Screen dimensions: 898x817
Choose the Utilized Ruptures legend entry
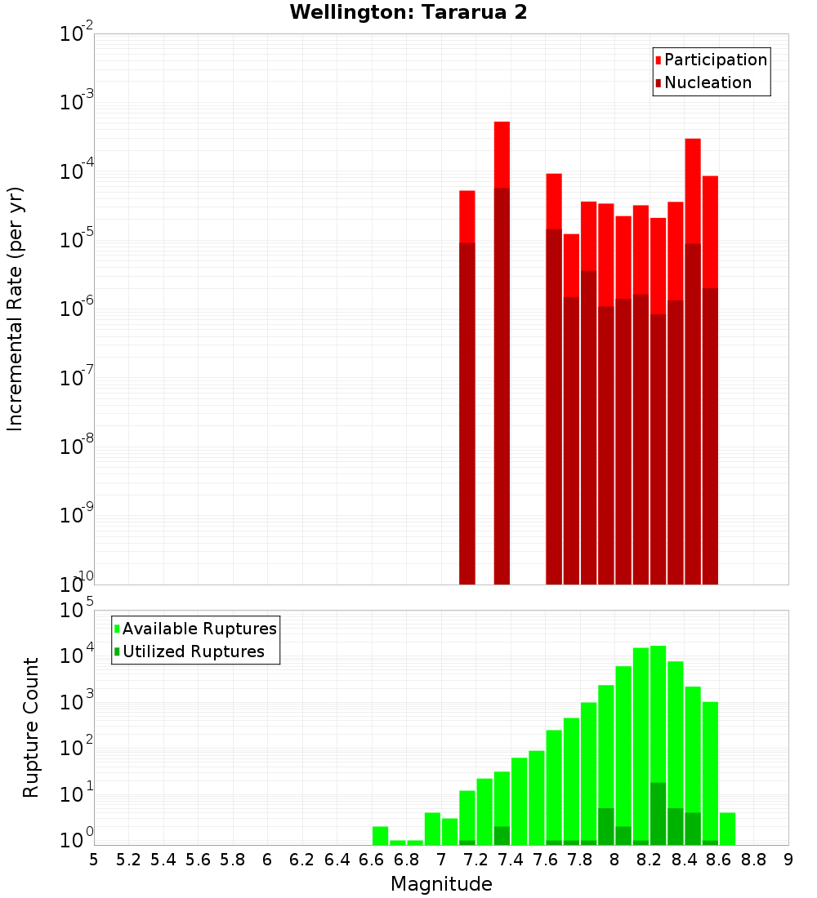[x=193, y=651]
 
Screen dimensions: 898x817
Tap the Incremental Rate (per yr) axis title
[x=16, y=309]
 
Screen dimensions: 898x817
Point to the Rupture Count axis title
[x=31, y=727]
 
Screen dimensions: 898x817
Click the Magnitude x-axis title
[x=441, y=884]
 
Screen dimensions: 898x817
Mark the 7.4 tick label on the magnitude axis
[x=510, y=859]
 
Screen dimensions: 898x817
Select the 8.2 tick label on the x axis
[x=649, y=859]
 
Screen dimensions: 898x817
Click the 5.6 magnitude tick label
[x=198, y=859]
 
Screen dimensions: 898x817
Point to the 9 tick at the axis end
[x=788, y=859]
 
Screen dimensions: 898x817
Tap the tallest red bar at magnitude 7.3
[x=502, y=155]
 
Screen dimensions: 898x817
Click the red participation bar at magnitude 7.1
[x=467, y=216]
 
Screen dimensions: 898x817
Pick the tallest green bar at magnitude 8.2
[x=658, y=710]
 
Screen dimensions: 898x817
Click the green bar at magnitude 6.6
[x=380, y=836]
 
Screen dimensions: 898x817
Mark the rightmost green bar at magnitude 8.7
[x=727, y=829]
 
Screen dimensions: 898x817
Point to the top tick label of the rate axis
[x=77, y=34]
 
